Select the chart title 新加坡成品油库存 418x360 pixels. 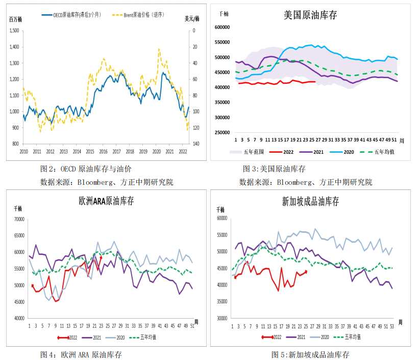pos(310,201)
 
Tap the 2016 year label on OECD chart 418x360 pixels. pos(103,152)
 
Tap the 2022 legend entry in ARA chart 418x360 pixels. pos(68,337)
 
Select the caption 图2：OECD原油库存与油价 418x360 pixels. pos(88,169)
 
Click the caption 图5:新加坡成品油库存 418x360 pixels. pos(310,354)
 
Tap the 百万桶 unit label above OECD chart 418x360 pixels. pos(16,19)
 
